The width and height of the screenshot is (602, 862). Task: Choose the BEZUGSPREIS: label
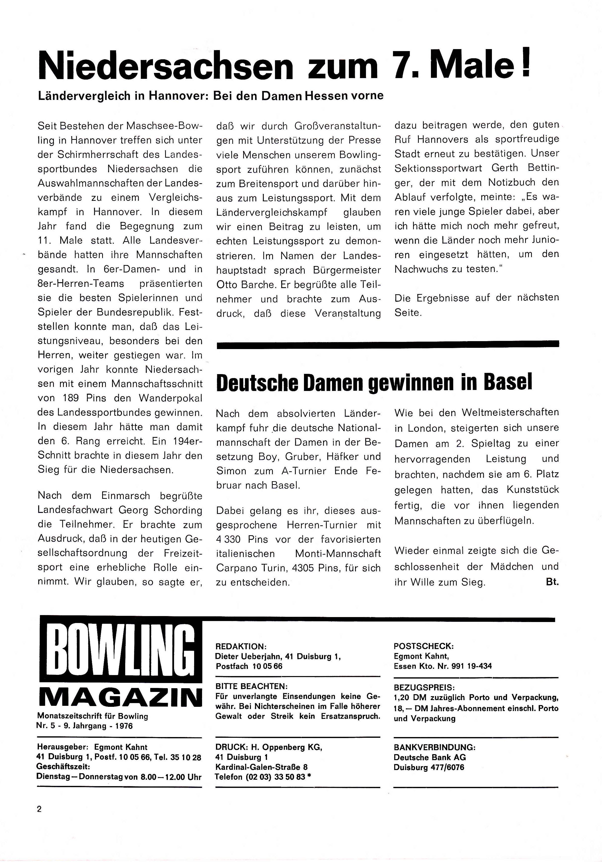[x=424, y=688]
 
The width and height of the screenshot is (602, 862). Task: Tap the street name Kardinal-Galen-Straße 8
[x=261, y=767]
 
